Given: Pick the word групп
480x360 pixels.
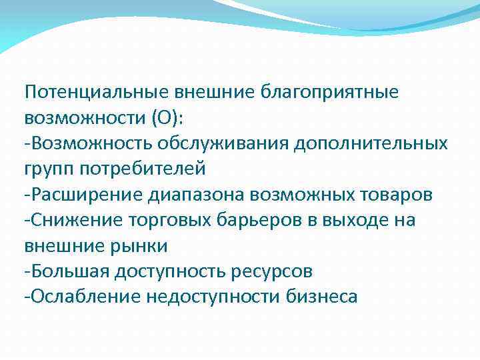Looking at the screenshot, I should tap(48, 169).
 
